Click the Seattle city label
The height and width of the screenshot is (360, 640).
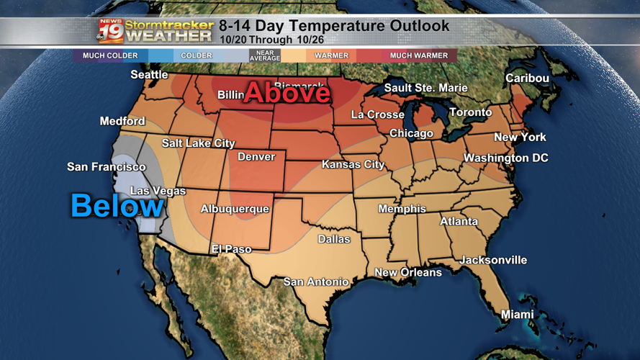(x=149, y=74)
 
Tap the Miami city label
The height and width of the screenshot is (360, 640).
(x=518, y=314)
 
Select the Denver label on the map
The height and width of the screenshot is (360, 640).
(x=256, y=156)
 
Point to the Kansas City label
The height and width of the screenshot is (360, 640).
(x=353, y=164)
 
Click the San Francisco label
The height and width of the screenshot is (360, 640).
(x=107, y=167)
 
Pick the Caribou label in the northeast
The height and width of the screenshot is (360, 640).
(x=527, y=78)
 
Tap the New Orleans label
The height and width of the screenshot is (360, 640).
(x=408, y=272)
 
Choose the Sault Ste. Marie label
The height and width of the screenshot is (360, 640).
(x=425, y=88)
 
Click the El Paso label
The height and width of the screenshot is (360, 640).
(x=231, y=249)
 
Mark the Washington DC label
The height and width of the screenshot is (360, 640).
(x=505, y=158)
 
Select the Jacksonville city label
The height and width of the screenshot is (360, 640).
(x=493, y=260)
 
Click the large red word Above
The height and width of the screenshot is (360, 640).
(x=287, y=93)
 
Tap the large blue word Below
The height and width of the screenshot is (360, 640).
(x=117, y=206)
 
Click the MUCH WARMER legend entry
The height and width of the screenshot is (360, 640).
(x=419, y=55)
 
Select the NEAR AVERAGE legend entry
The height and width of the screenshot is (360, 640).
(x=264, y=55)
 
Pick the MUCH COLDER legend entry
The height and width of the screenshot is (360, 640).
(x=110, y=55)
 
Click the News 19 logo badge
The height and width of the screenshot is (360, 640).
(x=110, y=30)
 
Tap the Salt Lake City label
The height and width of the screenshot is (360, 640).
(x=198, y=143)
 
